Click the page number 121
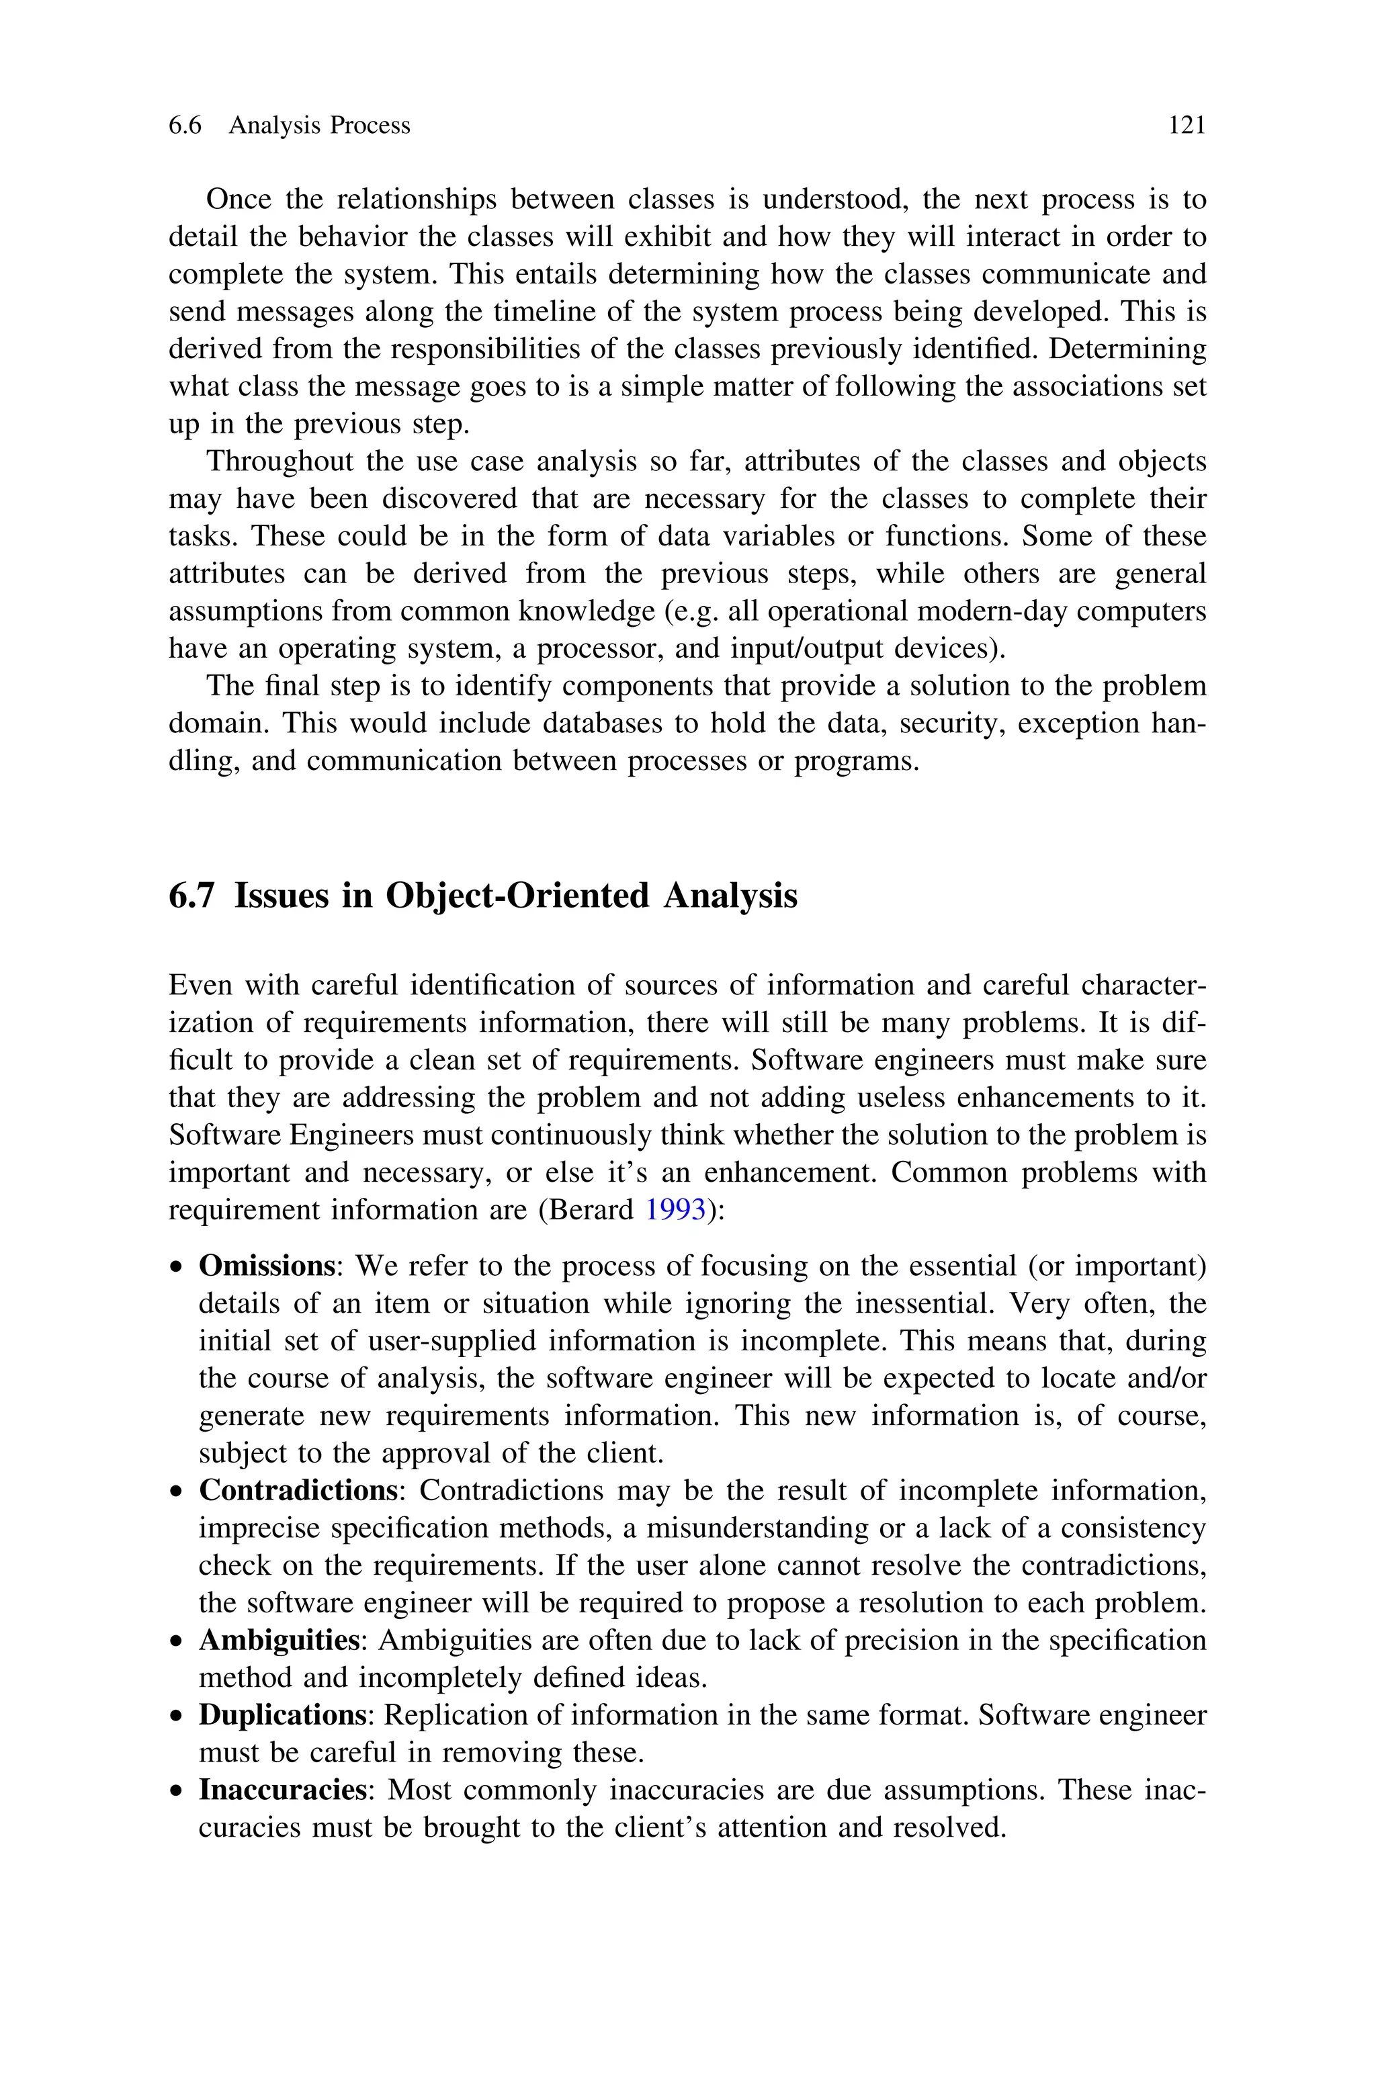(1187, 126)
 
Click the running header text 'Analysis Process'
(319, 126)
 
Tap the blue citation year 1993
(675, 1211)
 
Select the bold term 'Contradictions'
(298, 1490)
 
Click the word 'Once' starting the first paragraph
(238, 200)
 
